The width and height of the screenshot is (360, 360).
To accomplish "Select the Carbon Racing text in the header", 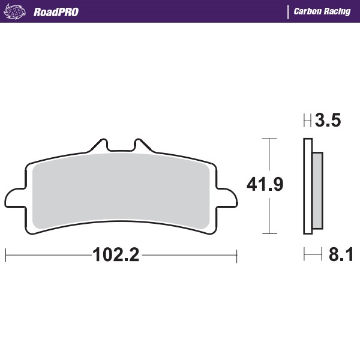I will coord(322,11).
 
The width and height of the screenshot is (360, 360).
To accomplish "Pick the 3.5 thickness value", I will coord(328,121).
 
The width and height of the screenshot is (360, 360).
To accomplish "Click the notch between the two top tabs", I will coord(121,147).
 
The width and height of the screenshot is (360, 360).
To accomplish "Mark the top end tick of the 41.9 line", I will coord(269,139).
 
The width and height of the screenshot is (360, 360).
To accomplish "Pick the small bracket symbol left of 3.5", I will coord(307,121).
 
